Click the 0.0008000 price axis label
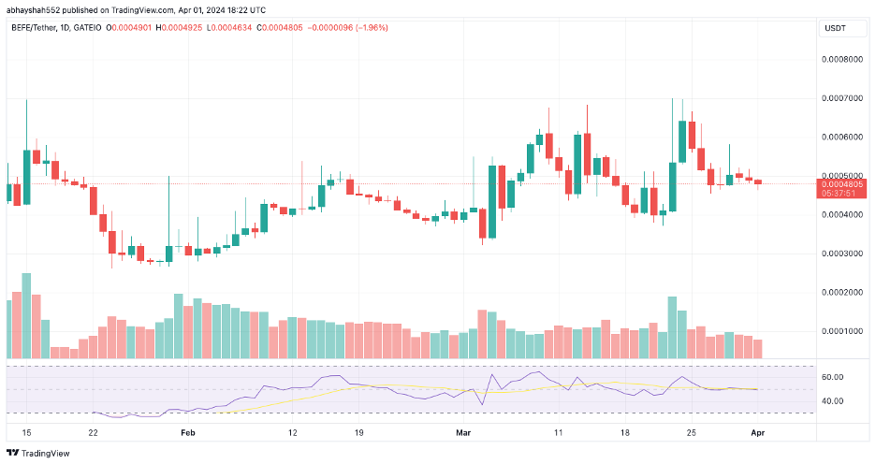point(842,60)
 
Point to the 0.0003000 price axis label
point(842,254)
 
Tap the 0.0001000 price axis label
point(842,331)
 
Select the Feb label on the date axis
point(188,433)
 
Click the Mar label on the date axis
point(463,433)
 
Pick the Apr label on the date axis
point(757,433)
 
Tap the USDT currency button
point(835,28)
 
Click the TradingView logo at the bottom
point(38,454)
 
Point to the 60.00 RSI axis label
point(832,377)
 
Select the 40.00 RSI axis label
point(832,401)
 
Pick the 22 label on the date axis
point(93,433)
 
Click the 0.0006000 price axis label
point(842,138)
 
